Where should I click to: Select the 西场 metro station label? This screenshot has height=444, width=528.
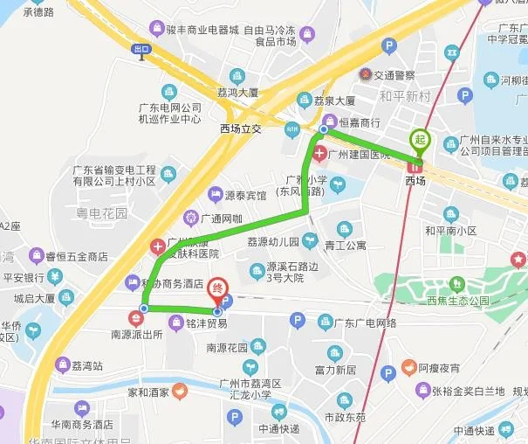pyautogui.click(x=415, y=180)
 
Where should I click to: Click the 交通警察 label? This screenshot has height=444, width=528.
pyautogui.click(x=399, y=75)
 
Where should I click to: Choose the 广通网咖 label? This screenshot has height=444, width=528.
pyautogui.click(x=222, y=217)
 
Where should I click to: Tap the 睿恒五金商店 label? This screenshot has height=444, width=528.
pyautogui.click(x=79, y=256)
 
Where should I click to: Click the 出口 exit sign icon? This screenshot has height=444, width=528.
pyautogui.click(x=141, y=51)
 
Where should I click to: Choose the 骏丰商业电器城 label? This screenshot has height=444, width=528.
pyautogui.click(x=205, y=30)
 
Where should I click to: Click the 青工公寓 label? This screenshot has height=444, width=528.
pyautogui.click(x=345, y=246)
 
